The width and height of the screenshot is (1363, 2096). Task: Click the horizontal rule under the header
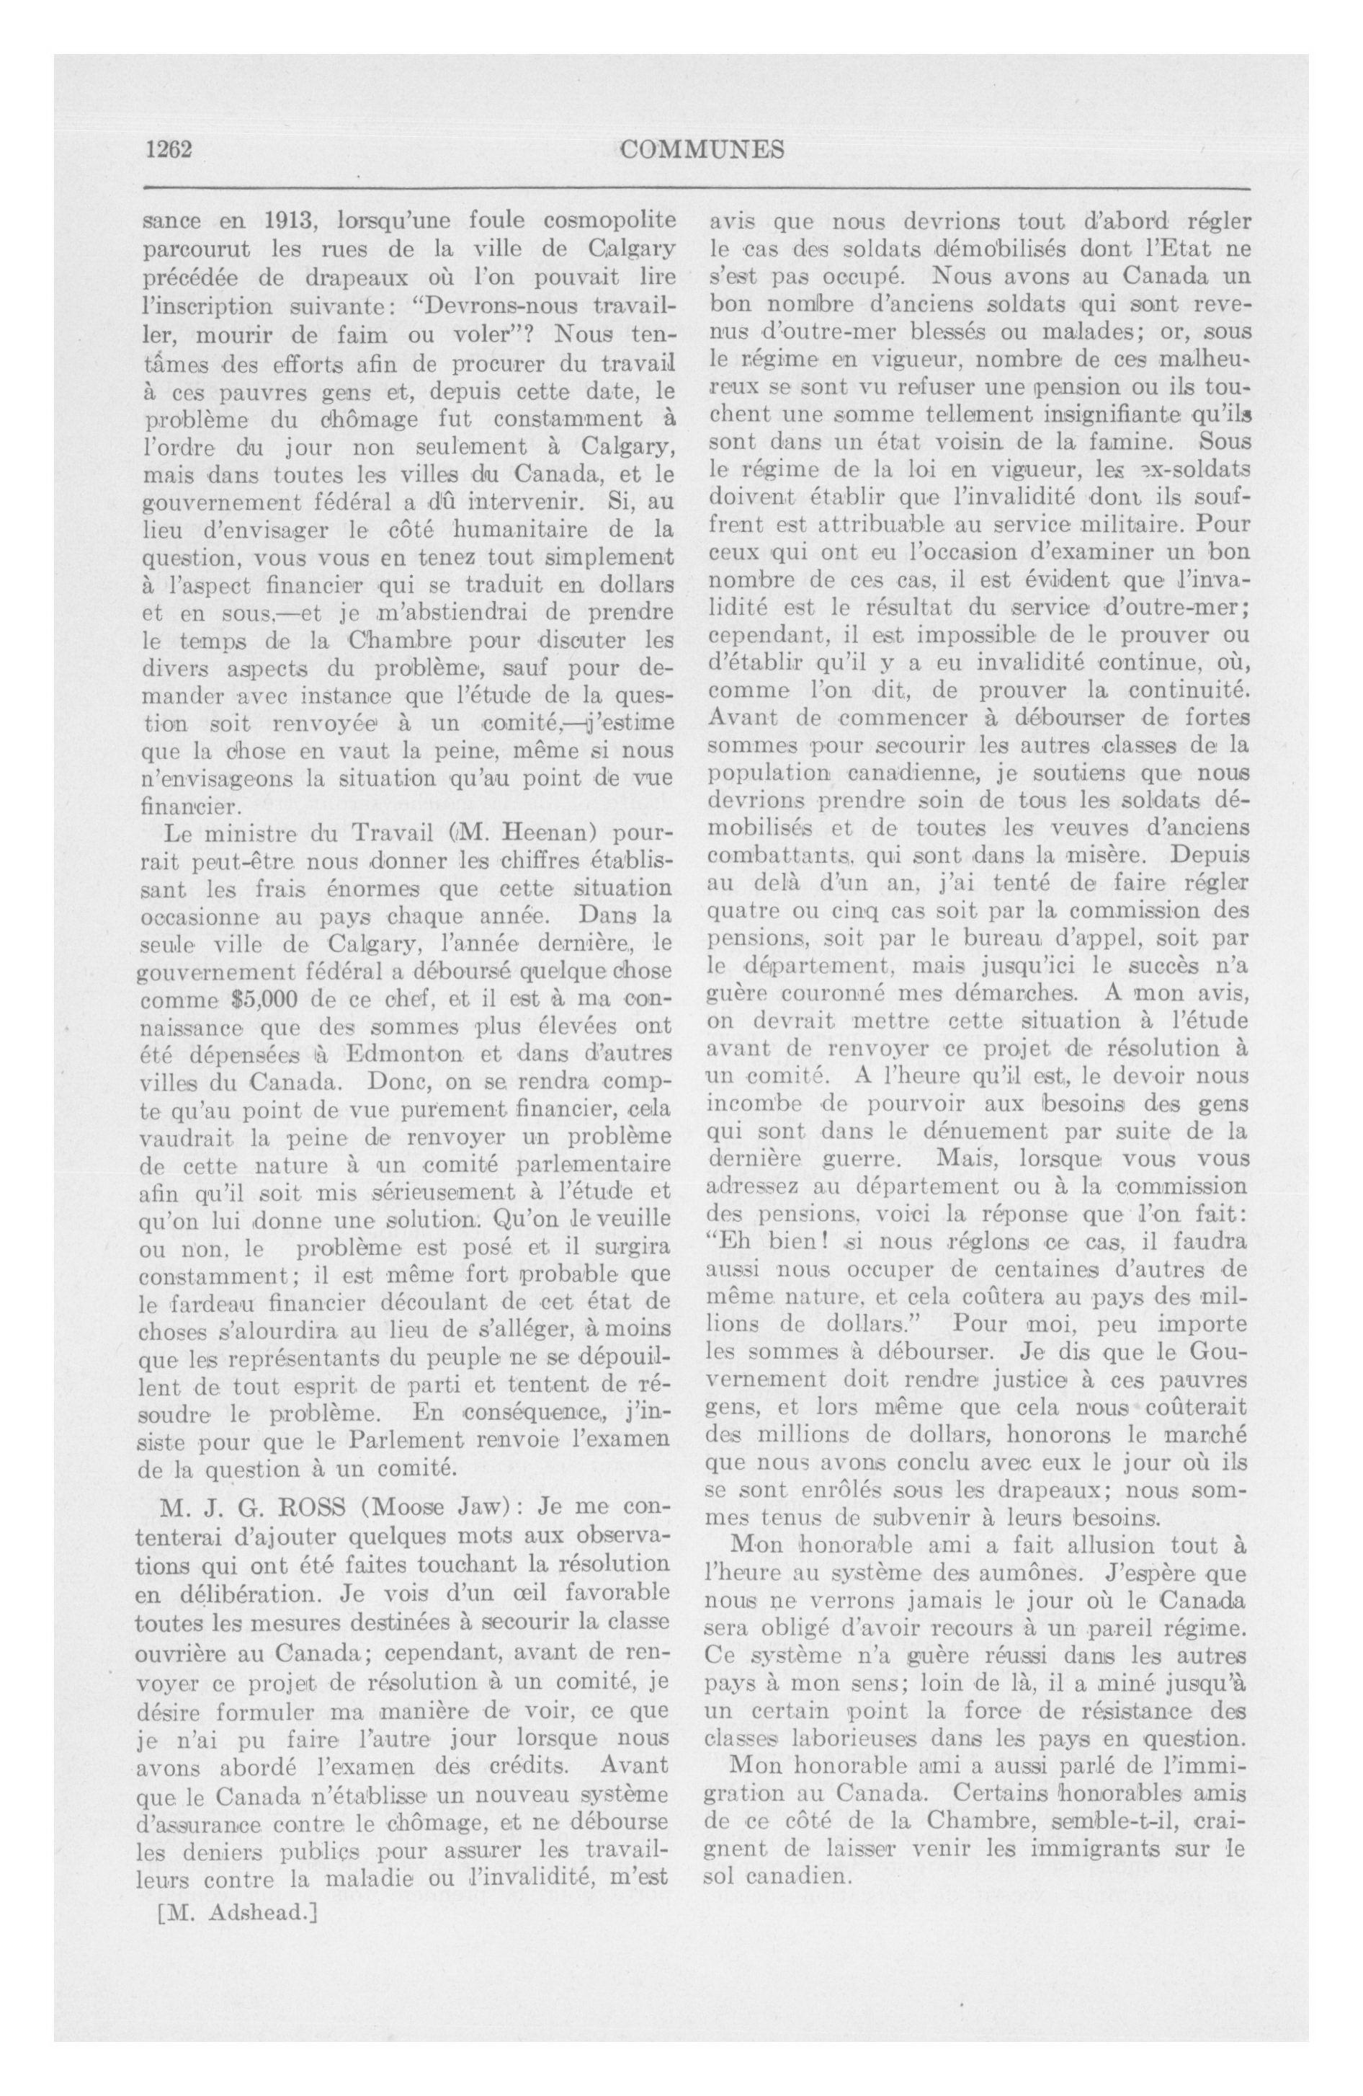coord(696,188)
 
